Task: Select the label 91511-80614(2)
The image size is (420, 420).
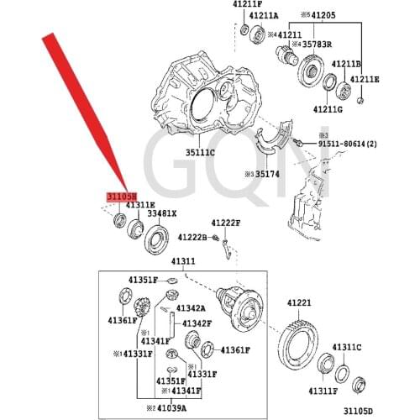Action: click(353, 144)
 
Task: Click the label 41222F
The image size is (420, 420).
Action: click(225, 223)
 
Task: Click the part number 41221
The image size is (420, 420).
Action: click(299, 303)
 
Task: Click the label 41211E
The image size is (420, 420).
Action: click(365, 80)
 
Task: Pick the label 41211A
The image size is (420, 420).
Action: click(264, 15)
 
